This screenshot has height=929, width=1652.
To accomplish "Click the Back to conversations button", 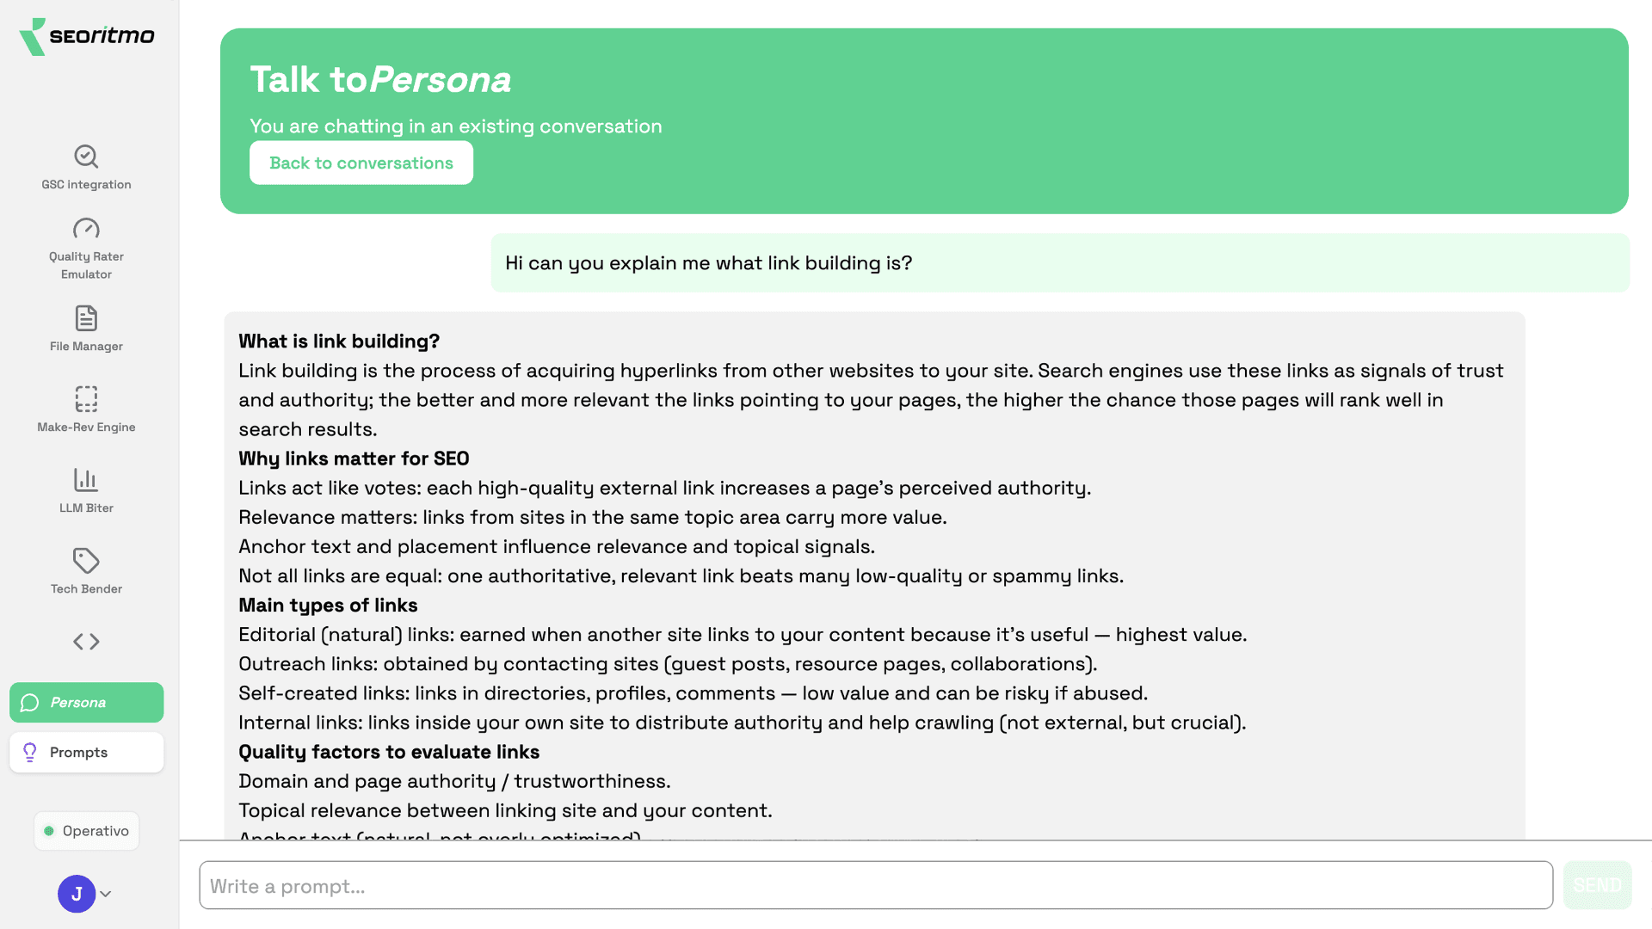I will click(361, 163).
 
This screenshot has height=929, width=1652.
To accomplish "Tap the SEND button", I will click(1597, 885).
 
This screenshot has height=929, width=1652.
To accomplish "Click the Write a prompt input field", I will click(875, 885).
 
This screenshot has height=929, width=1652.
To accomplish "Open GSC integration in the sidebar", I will click(86, 167).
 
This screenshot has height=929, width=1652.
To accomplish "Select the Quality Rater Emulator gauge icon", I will click(86, 229).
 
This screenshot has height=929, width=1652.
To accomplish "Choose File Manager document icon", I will click(86, 318).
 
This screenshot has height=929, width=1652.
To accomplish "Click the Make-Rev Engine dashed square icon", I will click(86, 399).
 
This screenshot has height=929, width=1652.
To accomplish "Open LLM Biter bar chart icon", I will click(86, 480).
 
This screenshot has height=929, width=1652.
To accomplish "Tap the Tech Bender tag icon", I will click(86, 561).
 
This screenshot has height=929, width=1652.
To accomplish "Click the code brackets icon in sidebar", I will click(86, 642).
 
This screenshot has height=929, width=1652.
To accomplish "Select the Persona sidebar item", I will click(86, 702).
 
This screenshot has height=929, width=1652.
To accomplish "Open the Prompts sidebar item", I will click(86, 752).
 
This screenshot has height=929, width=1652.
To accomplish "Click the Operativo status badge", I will click(86, 831).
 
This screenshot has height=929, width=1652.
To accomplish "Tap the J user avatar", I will click(77, 894).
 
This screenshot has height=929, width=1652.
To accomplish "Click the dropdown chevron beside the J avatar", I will click(106, 894).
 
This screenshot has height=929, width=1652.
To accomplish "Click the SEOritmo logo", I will click(87, 36).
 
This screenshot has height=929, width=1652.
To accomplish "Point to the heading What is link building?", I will click(339, 341).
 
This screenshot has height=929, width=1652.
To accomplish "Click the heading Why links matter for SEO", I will click(354, 458).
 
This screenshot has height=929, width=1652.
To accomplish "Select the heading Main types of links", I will click(328, 606).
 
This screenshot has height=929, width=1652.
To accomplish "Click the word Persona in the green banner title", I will click(441, 80).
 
